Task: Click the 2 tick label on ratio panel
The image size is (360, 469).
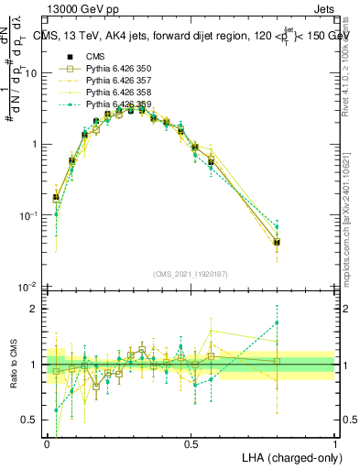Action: click(x=36, y=309)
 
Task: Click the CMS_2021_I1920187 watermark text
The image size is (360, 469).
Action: click(x=190, y=272)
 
